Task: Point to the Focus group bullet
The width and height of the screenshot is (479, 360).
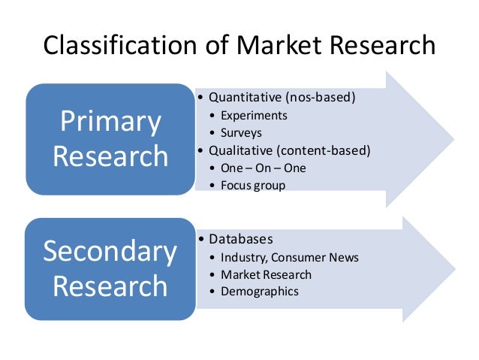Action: pos(253,185)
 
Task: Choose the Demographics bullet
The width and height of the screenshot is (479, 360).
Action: pos(260,292)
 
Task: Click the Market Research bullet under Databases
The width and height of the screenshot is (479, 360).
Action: pos(266,274)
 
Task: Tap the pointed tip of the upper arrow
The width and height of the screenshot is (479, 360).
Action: pos(453,139)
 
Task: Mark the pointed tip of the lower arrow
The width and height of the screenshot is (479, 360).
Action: pos(453,268)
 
